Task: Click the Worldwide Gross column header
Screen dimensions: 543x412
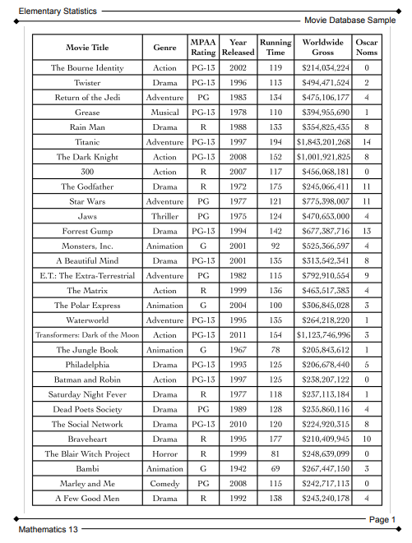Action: click(x=323, y=47)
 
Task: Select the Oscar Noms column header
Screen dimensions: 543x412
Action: click(x=366, y=47)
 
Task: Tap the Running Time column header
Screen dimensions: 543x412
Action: click(x=275, y=47)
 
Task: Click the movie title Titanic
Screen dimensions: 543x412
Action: click(x=87, y=142)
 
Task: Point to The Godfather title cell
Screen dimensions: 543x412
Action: click(x=87, y=186)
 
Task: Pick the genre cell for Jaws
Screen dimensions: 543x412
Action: click(x=164, y=216)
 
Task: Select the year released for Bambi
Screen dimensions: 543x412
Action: click(x=238, y=468)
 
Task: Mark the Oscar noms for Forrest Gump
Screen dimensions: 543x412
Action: click(x=366, y=231)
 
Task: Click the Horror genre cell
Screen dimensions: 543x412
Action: click(x=164, y=453)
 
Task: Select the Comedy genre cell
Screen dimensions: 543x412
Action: click(x=164, y=483)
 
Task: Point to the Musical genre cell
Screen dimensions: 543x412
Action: click(x=164, y=113)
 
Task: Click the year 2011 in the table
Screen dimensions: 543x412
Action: click(x=238, y=335)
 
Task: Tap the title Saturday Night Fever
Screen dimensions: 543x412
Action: click(x=87, y=394)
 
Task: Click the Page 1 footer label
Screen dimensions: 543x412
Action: click(x=382, y=519)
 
